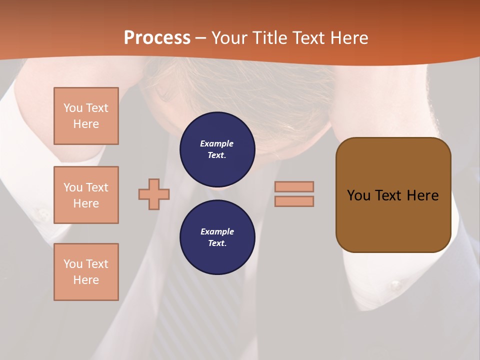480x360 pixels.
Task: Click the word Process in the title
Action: click(157, 38)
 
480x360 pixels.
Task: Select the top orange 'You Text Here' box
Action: click(86, 116)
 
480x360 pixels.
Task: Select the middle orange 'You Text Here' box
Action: click(86, 195)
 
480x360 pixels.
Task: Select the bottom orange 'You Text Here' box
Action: click(86, 272)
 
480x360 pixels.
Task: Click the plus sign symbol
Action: click(154, 194)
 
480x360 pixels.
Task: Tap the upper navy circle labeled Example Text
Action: click(217, 149)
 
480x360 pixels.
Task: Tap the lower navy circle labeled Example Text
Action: click(217, 237)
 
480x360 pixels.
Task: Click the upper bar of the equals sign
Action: click(294, 186)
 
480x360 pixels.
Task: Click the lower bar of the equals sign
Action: click(294, 201)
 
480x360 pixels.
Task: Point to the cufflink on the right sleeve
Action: click(396, 286)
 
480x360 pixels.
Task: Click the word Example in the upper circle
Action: click(217, 143)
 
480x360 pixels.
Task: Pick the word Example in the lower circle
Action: click(217, 231)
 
